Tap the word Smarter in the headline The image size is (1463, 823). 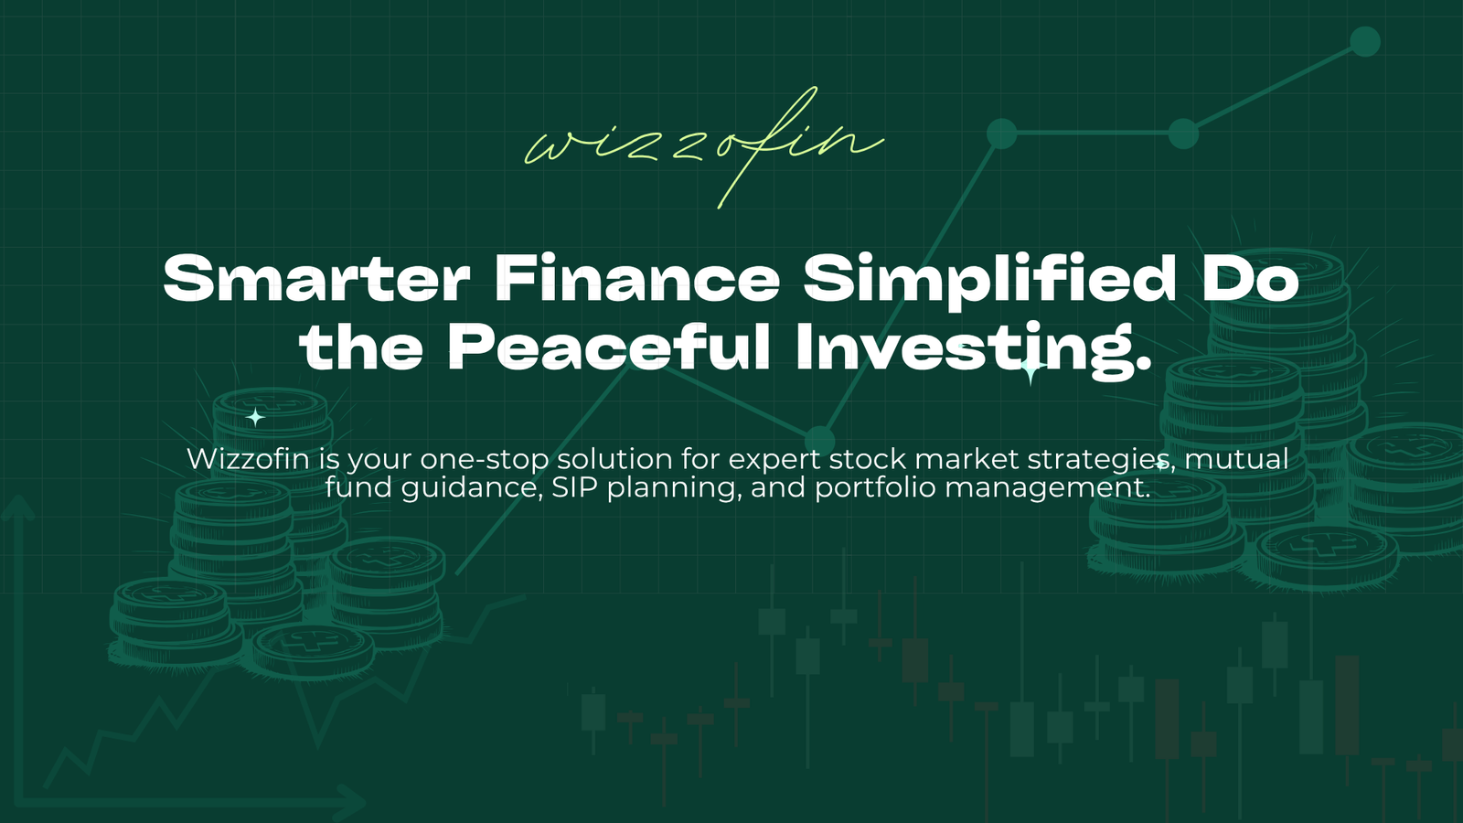[x=316, y=279]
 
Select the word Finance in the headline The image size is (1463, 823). [x=636, y=279]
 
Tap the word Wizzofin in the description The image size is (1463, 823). [x=248, y=458]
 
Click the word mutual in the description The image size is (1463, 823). [x=1235, y=458]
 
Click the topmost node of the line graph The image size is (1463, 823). [x=1364, y=42]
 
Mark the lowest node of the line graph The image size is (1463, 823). [x=819, y=440]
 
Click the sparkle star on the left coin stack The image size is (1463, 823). [x=255, y=417]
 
